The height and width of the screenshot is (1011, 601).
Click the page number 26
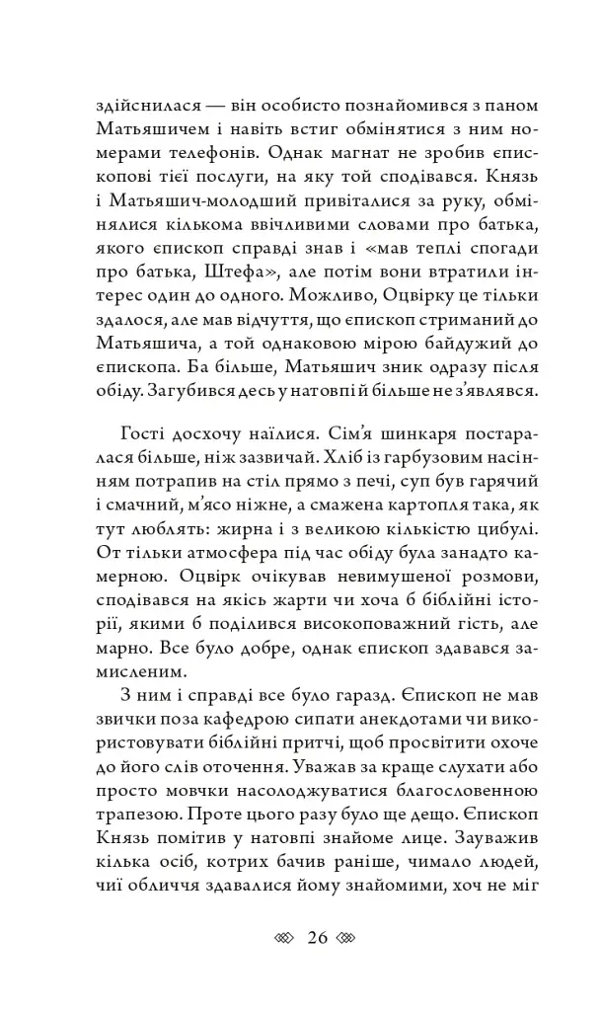coord(317,938)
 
